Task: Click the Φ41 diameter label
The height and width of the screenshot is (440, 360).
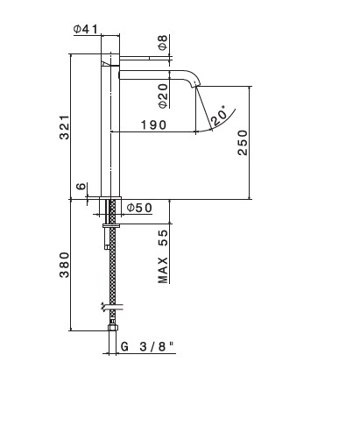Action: pyautogui.click(x=86, y=29)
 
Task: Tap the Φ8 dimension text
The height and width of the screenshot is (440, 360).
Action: pyautogui.click(x=163, y=42)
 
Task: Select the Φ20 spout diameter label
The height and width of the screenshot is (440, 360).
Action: pyautogui.click(x=164, y=96)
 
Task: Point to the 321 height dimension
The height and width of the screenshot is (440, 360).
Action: pyautogui.click(x=65, y=127)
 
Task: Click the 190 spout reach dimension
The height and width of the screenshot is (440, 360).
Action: pyautogui.click(x=153, y=124)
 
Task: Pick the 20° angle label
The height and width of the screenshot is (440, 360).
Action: pyautogui.click(x=219, y=116)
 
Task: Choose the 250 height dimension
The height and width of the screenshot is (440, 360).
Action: pyautogui.click(x=243, y=143)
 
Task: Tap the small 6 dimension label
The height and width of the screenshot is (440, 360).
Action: pyautogui.click(x=81, y=186)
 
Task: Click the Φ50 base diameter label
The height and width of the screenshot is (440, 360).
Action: pyautogui.click(x=139, y=208)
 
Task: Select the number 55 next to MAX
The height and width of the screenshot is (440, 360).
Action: pyautogui.click(x=163, y=238)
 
